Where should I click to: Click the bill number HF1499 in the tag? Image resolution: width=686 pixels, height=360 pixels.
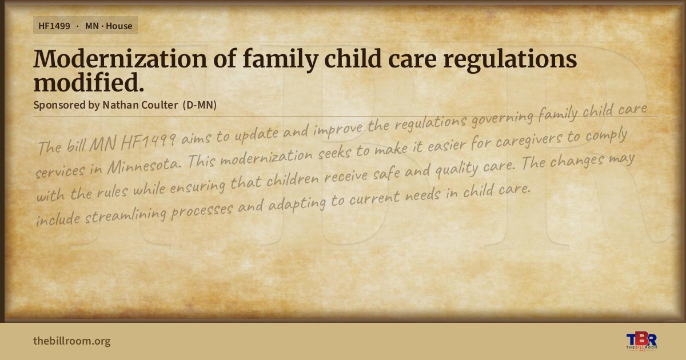coord(54,26)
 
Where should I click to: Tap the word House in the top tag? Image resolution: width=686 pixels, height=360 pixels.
coord(119,26)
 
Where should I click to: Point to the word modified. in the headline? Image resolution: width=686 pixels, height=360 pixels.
coord(89,83)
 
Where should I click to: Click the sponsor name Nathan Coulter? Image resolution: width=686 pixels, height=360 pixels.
coord(140,105)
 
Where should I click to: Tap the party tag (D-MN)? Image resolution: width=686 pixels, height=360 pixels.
coord(200,105)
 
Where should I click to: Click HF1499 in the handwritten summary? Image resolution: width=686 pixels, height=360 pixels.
coord(148,142)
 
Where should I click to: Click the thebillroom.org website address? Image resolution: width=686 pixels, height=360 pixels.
coord(72,341)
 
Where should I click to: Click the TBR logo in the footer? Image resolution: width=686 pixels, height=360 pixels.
coord(641,341)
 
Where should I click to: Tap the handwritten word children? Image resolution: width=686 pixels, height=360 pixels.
coord(293,179)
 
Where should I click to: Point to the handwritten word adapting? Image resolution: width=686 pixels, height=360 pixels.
coord(297,203)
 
